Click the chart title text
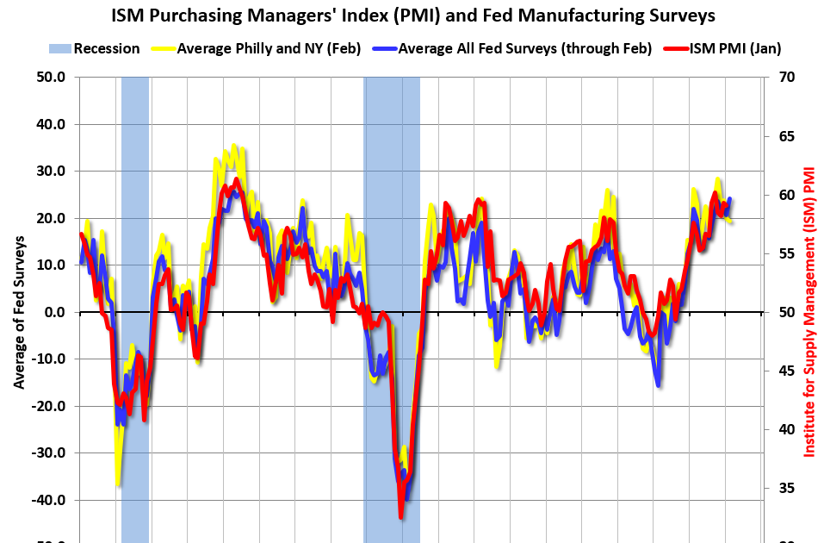412,16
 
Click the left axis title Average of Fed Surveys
18,312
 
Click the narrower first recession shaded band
135,259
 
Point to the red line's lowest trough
401,516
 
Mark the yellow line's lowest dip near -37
117,484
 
